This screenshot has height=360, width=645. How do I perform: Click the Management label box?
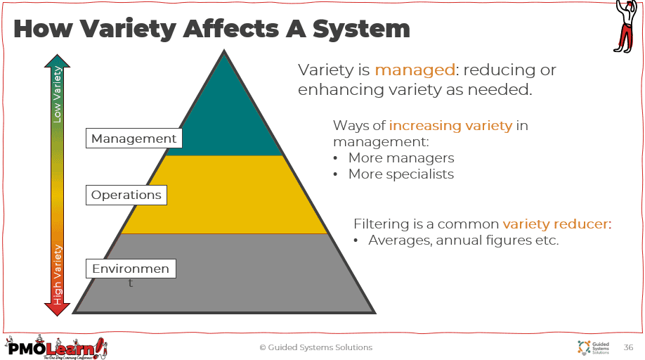point(133,139)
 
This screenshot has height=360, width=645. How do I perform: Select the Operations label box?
point(126,195)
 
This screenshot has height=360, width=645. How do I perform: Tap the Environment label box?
point(131,269)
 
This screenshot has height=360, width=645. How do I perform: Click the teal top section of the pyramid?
point(224,120)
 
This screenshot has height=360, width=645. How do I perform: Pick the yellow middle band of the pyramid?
point(224,195)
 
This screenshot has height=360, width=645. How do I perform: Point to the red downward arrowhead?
point(57,309)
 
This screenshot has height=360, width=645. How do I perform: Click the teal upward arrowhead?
point(57,61)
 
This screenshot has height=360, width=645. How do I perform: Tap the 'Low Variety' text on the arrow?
point(57,95)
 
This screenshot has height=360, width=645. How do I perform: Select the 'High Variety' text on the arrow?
point(57,275)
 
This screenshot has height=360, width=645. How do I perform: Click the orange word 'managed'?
point(415,70)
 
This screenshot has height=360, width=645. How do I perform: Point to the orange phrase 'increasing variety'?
point(450,125)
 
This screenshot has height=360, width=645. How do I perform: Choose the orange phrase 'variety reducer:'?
point(557,224)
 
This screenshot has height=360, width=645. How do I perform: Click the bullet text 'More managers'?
point(401,158)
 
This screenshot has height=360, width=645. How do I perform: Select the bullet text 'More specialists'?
point(401,174)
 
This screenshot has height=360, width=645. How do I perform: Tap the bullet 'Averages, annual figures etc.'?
point(464,240)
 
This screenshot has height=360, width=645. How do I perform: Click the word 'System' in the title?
point(361,29)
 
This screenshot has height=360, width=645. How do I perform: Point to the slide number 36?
point(628,347)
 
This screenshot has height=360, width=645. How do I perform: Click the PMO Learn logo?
point(56,347)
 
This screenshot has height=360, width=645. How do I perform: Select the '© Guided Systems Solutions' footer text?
point(316,347)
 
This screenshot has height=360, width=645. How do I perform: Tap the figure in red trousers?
point(625,26)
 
